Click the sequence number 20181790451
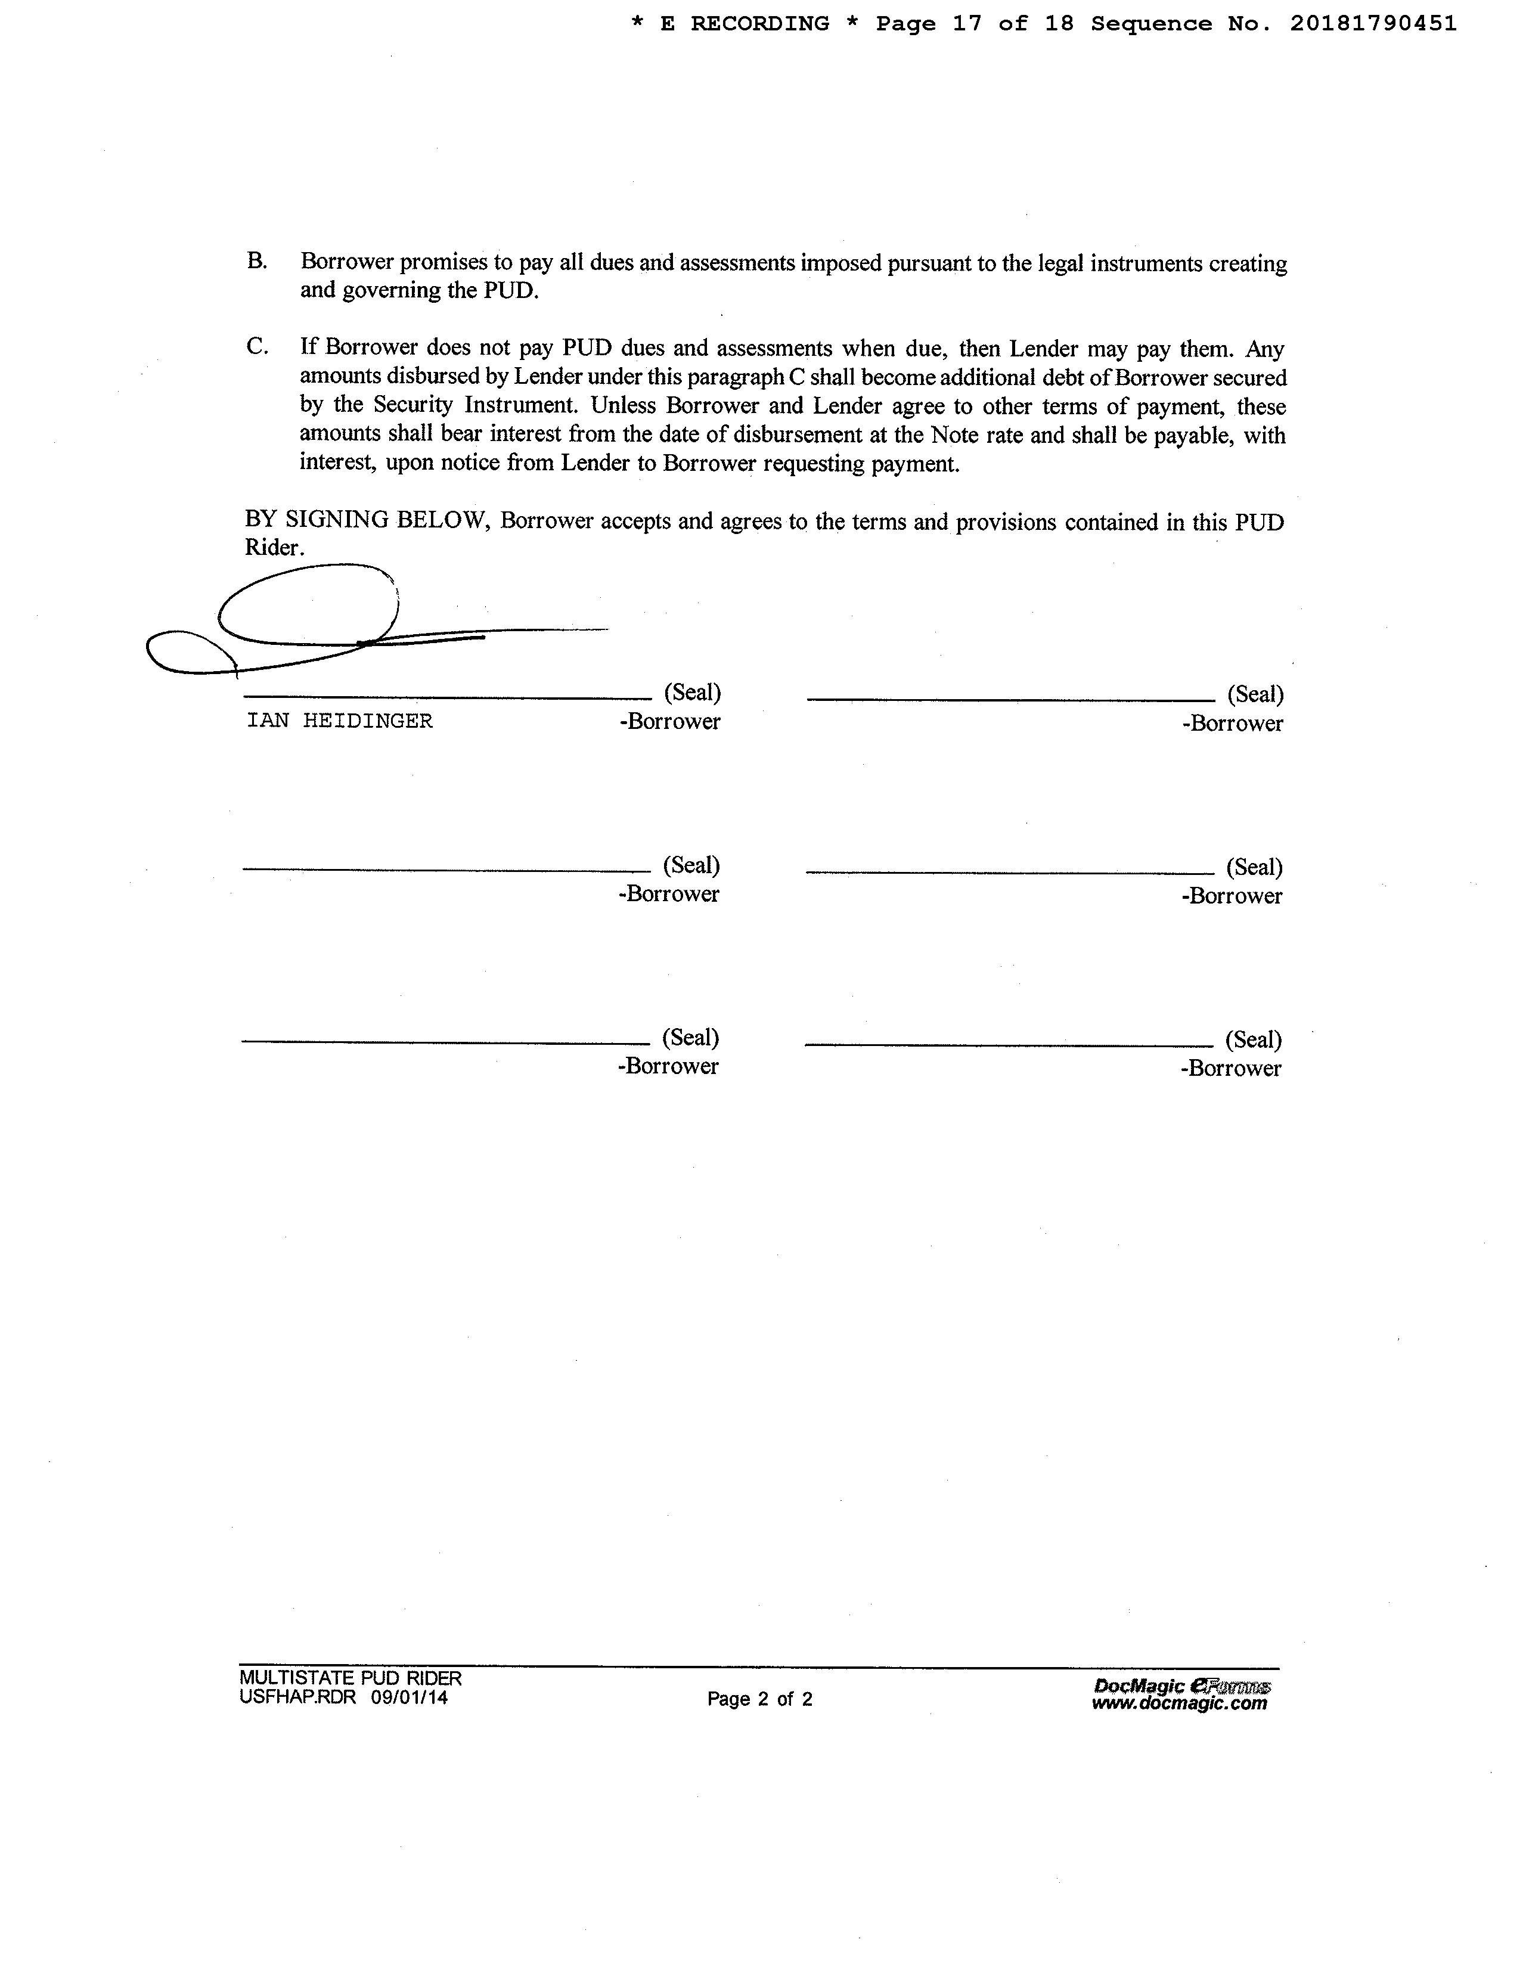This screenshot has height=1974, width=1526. pos(1372,24)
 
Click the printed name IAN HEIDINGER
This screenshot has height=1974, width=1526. pos(339,721)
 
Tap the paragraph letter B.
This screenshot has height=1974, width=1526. pos(257,261)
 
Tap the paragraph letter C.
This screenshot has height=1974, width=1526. pos(257,346)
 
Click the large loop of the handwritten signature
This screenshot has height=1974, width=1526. pos(308,604)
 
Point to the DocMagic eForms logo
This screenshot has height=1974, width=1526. pos(1181,1686)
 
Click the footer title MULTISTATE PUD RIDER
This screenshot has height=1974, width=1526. pos(351,1678)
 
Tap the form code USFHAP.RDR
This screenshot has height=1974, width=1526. pos(297,1697)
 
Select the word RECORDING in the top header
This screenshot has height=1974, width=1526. pos(759,24)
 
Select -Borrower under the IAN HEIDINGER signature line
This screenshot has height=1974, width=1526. pos(670,721)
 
